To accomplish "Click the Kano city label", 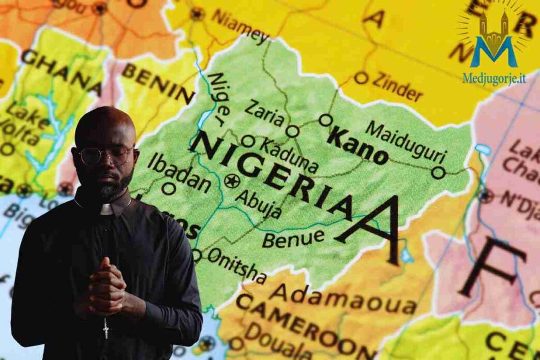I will coord(358,146).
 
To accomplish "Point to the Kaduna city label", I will coord(289,156).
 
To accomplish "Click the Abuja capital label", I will coord(258,203).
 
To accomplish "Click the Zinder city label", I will coord(397,86).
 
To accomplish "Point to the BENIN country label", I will coord(158,83).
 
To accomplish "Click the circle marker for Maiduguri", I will coord(438,173).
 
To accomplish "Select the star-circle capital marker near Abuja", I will coord(231,181).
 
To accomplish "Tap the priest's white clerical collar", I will coord(107,209).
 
